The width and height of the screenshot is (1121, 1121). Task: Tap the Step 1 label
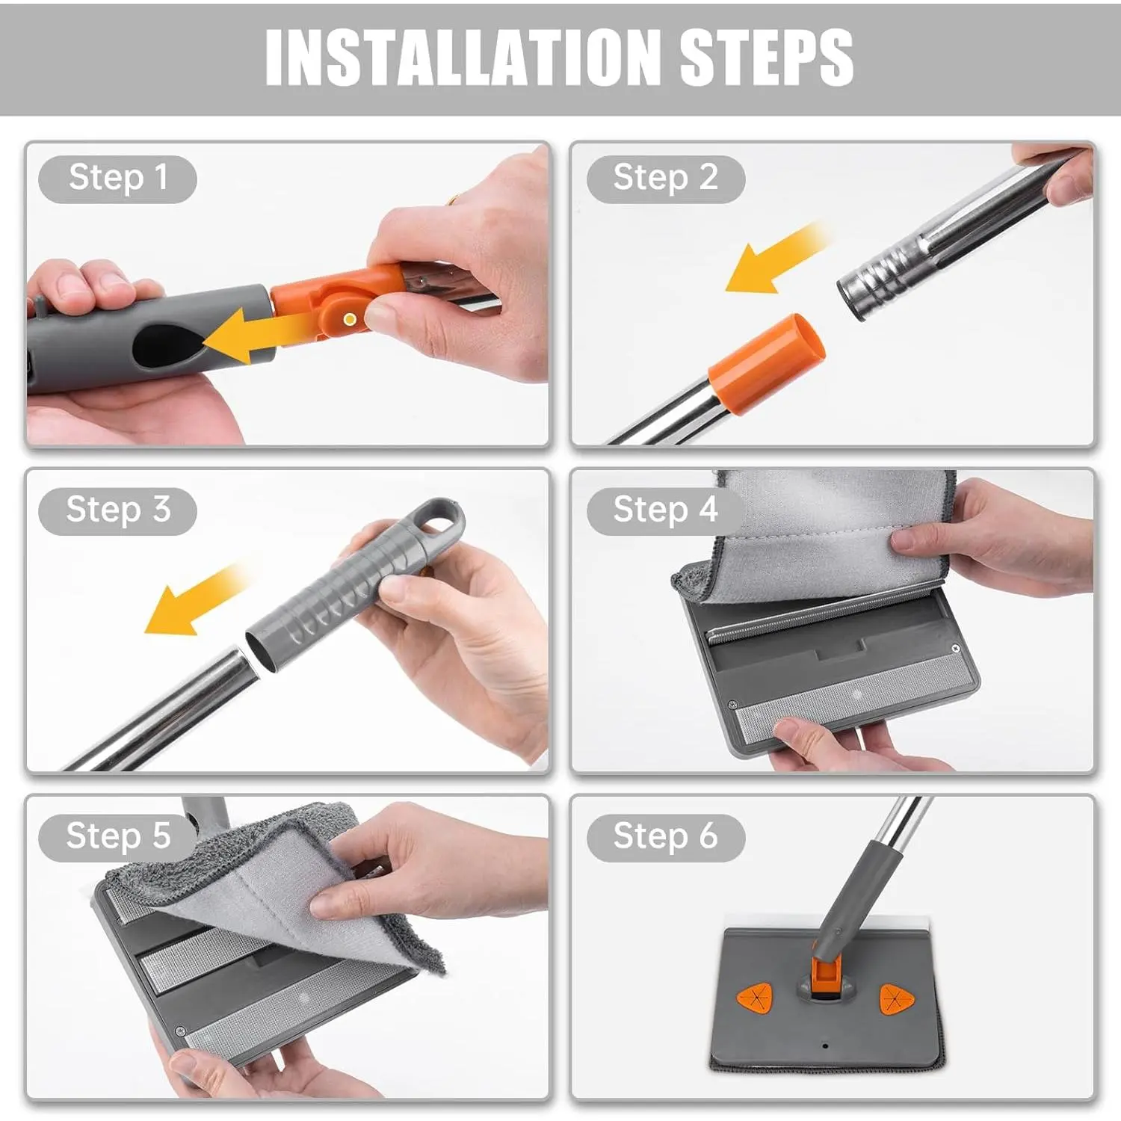coord(118,179)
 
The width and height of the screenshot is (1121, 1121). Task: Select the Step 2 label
coord(665,179)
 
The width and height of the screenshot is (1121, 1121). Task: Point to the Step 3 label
coord(118,510)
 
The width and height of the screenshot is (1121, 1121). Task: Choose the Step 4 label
coord(665,510)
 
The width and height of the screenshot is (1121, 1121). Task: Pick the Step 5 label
coord(118,836)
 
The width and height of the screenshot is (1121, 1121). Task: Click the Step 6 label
coord(665,836)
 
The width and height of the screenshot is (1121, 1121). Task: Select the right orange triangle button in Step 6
coord(897,998)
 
